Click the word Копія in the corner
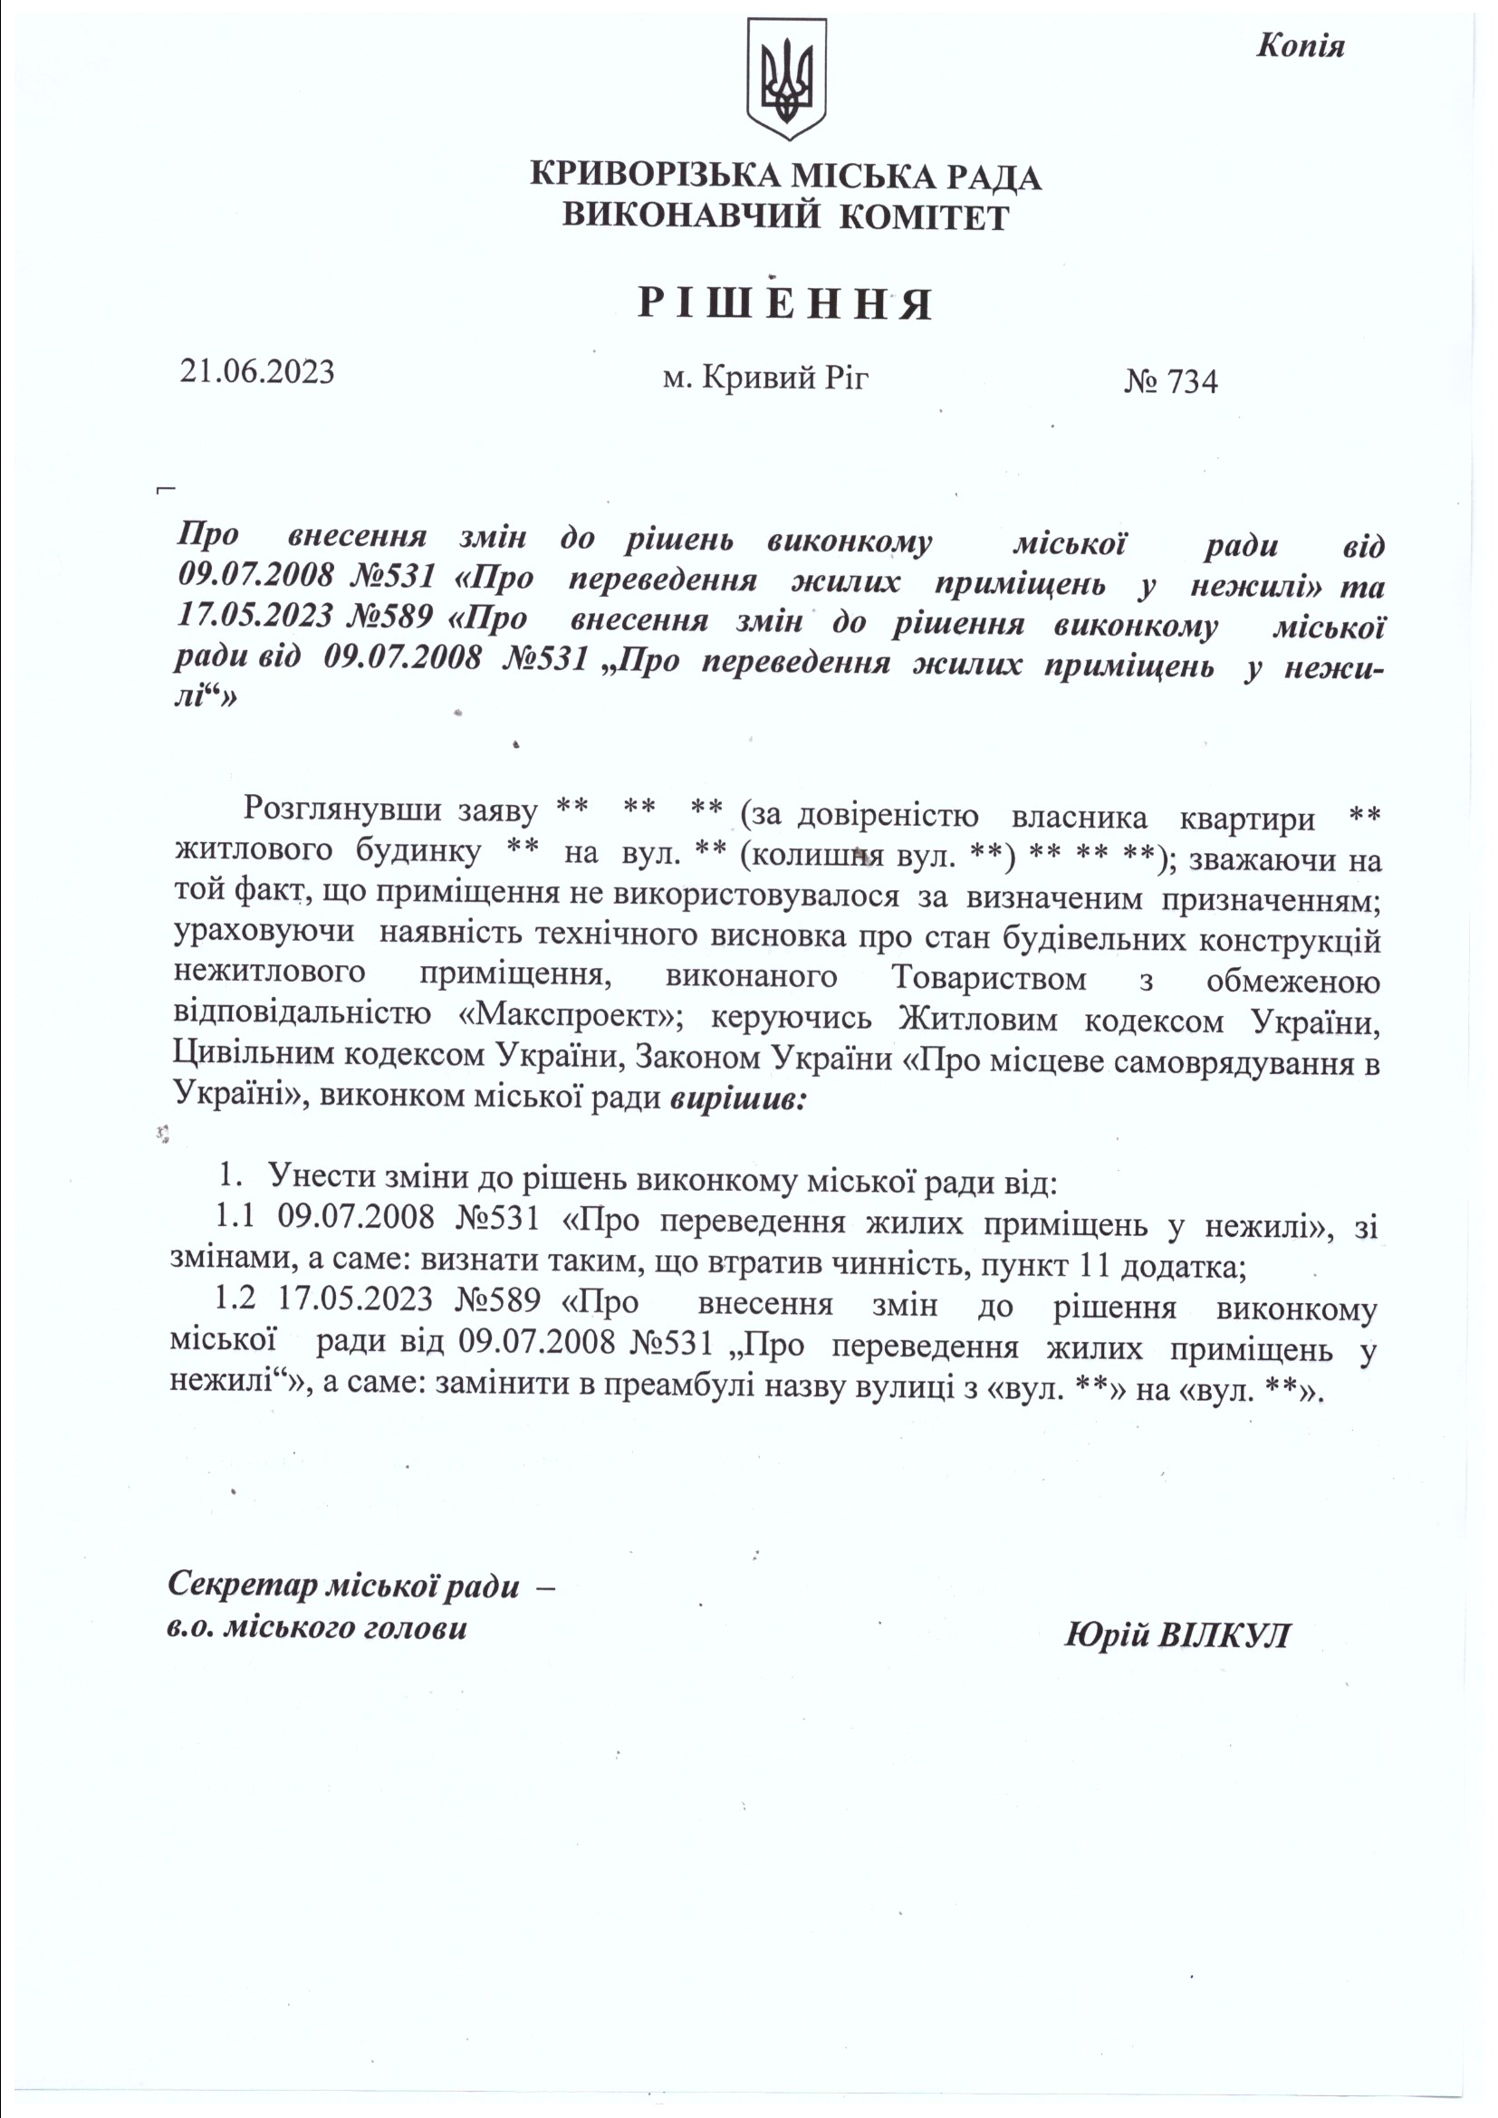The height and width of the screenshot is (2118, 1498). pyautogui.click(x=1300, y=46)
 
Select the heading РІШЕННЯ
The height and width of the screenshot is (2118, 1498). pyautogui.click(x=786, y=304)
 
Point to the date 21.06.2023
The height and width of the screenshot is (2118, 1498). pyautogui.click(x=257, y=372)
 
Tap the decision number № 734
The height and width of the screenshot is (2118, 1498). pyautogui.click(x=1170, y=381)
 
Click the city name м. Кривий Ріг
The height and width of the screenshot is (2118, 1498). pyautogui.click(x=765, y=377)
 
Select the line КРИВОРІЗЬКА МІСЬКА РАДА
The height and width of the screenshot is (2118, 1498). pyautogui.click(x=786, y=177)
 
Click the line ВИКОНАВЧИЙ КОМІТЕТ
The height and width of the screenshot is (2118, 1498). pyautogui.click(x=786, y=217)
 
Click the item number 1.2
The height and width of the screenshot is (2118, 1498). pyautogui.click(x=235, y=1299)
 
